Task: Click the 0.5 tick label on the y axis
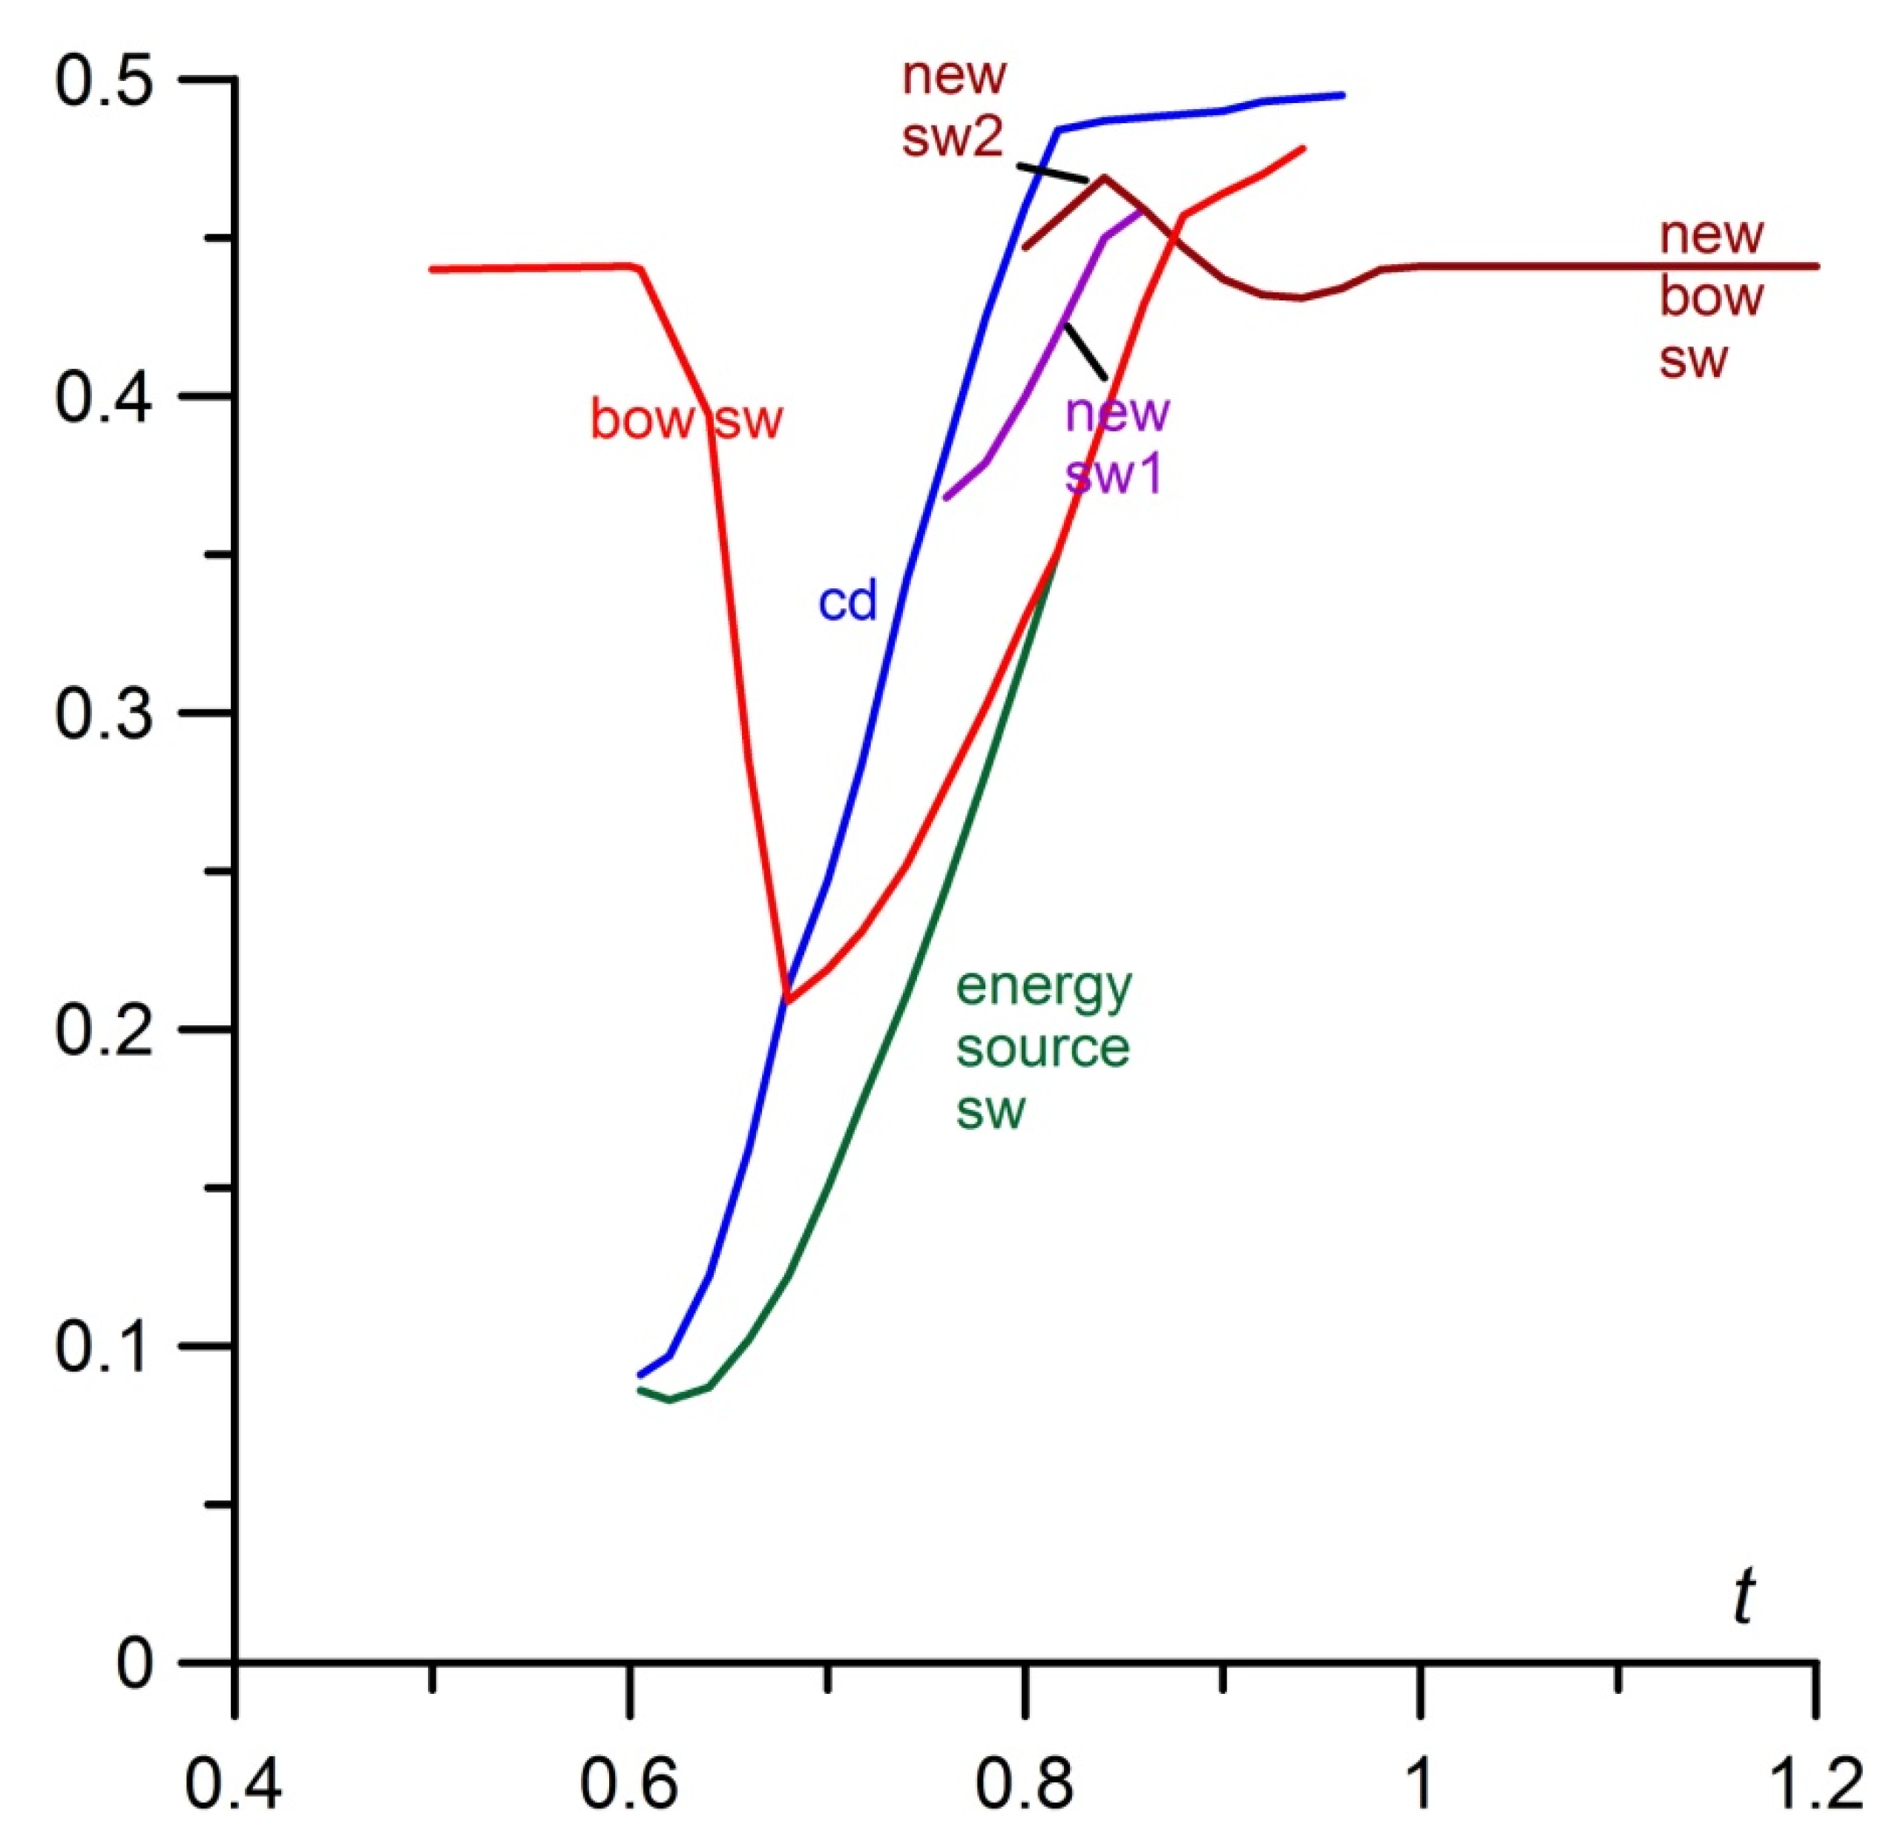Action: pos(104,82)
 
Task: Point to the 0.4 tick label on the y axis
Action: pos(104,398)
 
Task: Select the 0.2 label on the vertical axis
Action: pos(104,1030)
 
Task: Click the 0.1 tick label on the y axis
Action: pos(104,1347)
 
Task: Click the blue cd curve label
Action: pos(847,602)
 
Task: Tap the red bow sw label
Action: pos(686,420)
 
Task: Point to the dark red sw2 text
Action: pos(951,139)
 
